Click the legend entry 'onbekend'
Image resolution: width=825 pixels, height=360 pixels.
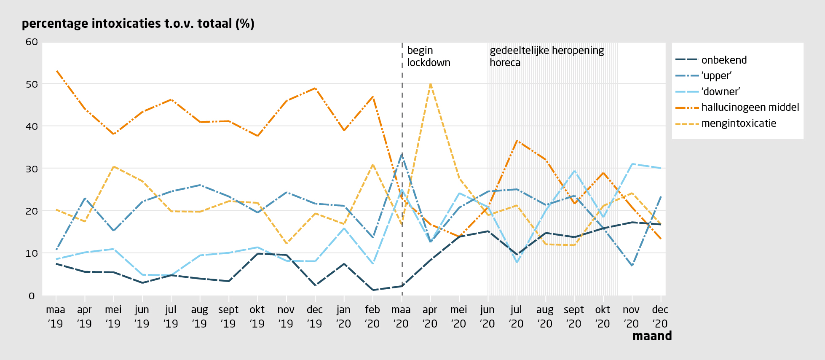[x=723, y=60]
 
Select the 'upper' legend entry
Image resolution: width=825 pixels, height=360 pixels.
[x=716, y=76]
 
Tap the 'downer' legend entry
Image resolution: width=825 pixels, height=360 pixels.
[x=721, y=91]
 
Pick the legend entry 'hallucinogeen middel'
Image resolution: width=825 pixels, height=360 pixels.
[x=750, y=107]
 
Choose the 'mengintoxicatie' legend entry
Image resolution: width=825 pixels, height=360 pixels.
[x=739, y=124]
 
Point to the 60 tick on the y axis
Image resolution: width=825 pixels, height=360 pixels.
[x=32, y=42]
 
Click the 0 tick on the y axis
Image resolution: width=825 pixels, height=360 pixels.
[x=32, y=296]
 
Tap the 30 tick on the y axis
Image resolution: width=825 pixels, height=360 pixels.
[x=32, y=169]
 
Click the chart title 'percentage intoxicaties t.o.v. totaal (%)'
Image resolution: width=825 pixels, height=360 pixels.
[x=138, y=23]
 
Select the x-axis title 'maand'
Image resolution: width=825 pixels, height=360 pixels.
[x=652, y=336]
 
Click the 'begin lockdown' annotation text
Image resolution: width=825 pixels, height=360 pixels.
[x=429, y=56]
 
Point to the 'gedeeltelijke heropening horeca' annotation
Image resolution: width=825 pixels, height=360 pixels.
[x=546, y=56]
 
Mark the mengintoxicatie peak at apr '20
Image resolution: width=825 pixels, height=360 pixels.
[x=430, y=83]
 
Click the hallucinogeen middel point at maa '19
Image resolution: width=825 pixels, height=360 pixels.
[x=56, y=71]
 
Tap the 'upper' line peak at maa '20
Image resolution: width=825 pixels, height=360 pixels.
[x=402, y=154]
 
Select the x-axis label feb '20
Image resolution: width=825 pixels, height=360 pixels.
[x=372, y=317]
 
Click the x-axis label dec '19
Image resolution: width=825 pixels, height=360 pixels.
[x=315, y=317]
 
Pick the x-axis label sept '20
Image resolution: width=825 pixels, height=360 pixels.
[x=574, y=317]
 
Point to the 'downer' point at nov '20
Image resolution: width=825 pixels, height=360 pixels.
[x=632, y=164]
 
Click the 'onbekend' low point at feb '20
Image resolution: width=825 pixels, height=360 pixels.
[x=373, y=290]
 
